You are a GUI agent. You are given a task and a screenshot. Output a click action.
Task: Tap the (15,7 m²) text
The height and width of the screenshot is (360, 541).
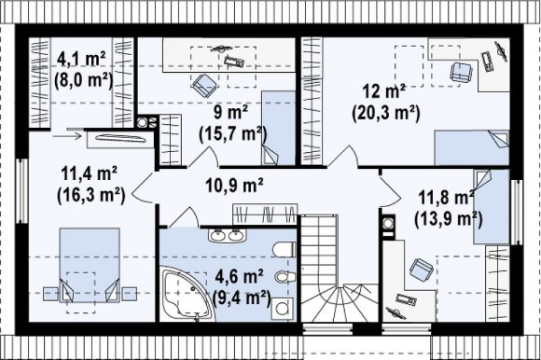pyautogui.click(x=233, y=134)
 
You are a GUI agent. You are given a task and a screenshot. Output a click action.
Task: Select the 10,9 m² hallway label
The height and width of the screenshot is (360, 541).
pyautogui.click(x=234, y=186)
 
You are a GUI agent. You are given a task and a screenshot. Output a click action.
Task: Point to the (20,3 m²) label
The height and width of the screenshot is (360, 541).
pyautogui.click(x=386, y=113)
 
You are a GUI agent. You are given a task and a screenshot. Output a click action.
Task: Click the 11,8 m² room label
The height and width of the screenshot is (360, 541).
pyautogui.click(x=446, y=198)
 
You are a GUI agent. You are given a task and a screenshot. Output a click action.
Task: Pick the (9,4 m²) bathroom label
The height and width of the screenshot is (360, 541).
pyautogui.click(x=242, y=298)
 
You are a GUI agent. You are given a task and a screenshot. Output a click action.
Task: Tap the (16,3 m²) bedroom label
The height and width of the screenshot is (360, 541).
pyautogui.click(x=90, y=195)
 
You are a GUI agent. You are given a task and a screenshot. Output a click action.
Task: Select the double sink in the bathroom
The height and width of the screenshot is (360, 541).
pyautogui.click(x=227, y=235)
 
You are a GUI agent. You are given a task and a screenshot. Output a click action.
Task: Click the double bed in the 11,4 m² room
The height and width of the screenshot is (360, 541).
pyautogui.click(x=90, y=265)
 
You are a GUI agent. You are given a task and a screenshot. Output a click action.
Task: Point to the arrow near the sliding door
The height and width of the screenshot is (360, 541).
pyautogui.click(x=67, y=136)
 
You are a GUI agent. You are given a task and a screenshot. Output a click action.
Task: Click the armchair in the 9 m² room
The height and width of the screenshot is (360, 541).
pyautogui.click(x=204, y=85)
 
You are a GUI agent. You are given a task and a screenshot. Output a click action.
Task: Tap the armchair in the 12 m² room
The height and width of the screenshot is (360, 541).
pyautogui.click(x=461, y=73)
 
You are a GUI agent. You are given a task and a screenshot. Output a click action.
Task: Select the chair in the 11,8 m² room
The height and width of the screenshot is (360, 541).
pyautogui.click(x=422, y=269)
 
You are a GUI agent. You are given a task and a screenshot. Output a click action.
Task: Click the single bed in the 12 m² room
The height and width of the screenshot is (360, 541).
pyautogui.click(x=471, y=147)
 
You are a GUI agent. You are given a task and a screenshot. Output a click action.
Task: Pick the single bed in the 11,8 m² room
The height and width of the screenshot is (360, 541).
pyautogui.click(x=492, y=206)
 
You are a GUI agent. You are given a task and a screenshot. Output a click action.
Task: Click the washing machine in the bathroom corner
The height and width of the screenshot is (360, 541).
pyautogui.click(x=282, y=309)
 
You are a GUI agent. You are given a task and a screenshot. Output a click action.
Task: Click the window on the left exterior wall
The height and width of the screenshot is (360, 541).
pyautogui.click(x=21, y=190)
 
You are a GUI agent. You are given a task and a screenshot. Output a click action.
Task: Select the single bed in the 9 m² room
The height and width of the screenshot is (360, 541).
pyautogui.click(x=278, y=128)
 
